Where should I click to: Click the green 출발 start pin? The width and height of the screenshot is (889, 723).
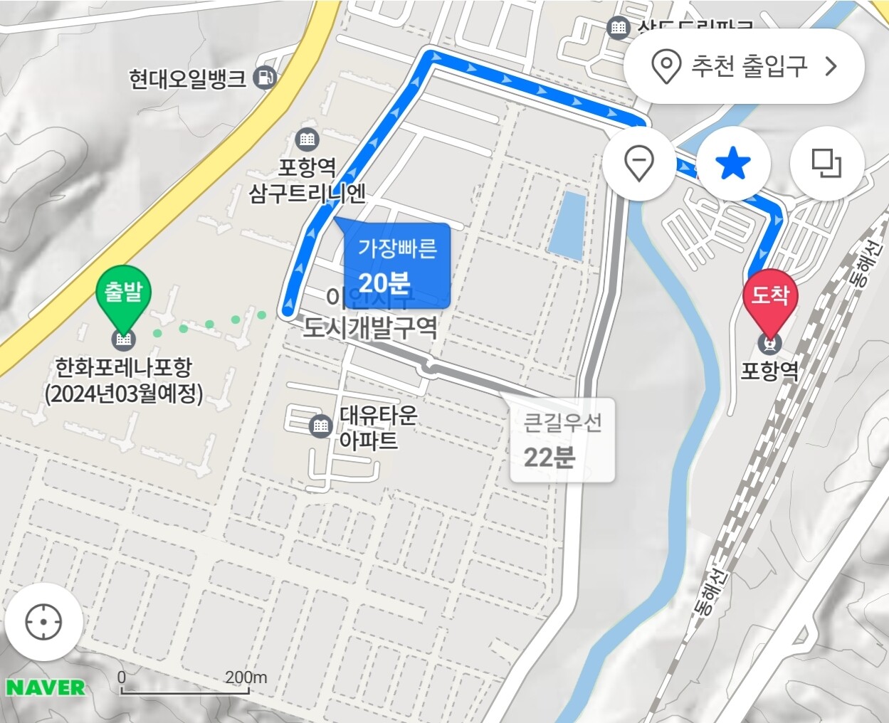point(124,293)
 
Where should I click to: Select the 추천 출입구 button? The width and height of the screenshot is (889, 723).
point(744,66)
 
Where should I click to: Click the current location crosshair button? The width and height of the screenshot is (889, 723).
point(43,622)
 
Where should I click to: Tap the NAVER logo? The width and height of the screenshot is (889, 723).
point(46,687)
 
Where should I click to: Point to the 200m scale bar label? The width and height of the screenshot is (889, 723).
point(246,677)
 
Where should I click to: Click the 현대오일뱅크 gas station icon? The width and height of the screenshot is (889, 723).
point(265,77)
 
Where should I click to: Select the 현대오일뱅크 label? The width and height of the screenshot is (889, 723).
point(187,78)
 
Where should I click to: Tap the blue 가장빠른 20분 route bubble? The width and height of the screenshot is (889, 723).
point(397,265)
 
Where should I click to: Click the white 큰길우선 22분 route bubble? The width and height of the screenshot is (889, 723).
point(562,440)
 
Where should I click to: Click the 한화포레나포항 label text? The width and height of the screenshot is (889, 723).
point(124,380)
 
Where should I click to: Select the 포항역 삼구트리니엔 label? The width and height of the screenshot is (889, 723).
point(307,180)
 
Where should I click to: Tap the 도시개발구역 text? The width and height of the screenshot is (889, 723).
point(370,327)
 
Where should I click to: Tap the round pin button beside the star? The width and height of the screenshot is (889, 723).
point(638,163)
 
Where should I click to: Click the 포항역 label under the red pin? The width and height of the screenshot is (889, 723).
point(769,371)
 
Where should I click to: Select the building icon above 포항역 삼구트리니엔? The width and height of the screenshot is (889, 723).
point(307,138)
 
